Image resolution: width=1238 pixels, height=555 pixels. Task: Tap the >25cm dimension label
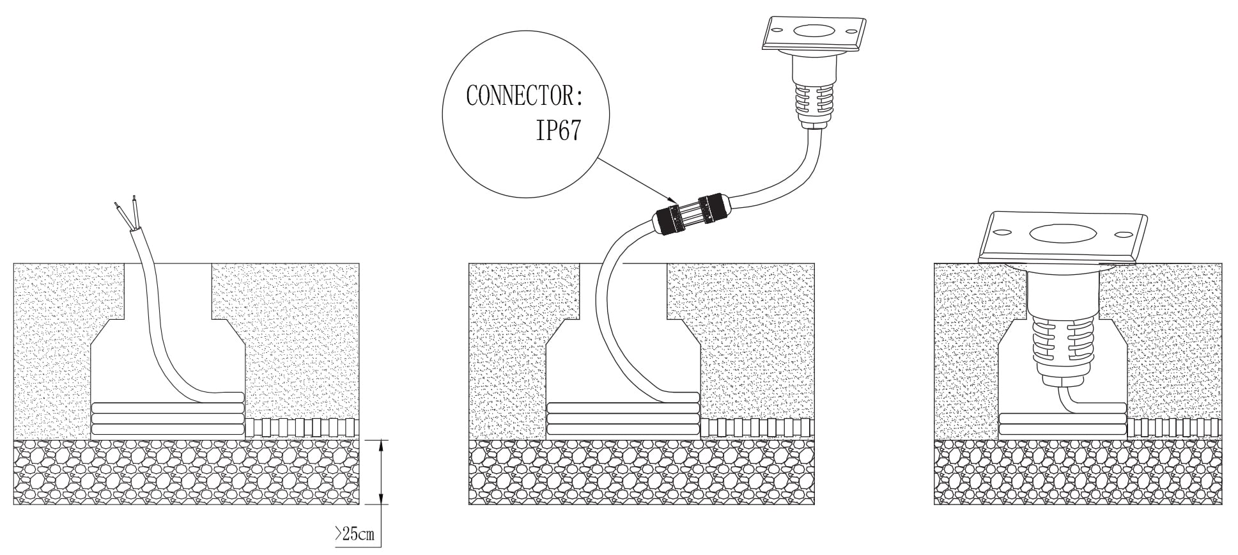tap(355, 534)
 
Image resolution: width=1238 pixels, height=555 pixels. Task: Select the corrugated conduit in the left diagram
tap(300, 427)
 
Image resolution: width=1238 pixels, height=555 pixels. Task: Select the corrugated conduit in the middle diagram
tap(758, 427)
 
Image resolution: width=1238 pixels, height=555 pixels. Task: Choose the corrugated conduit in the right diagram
tap(1175, 427)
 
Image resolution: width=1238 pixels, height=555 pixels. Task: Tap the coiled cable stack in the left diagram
tap(167, 419)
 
